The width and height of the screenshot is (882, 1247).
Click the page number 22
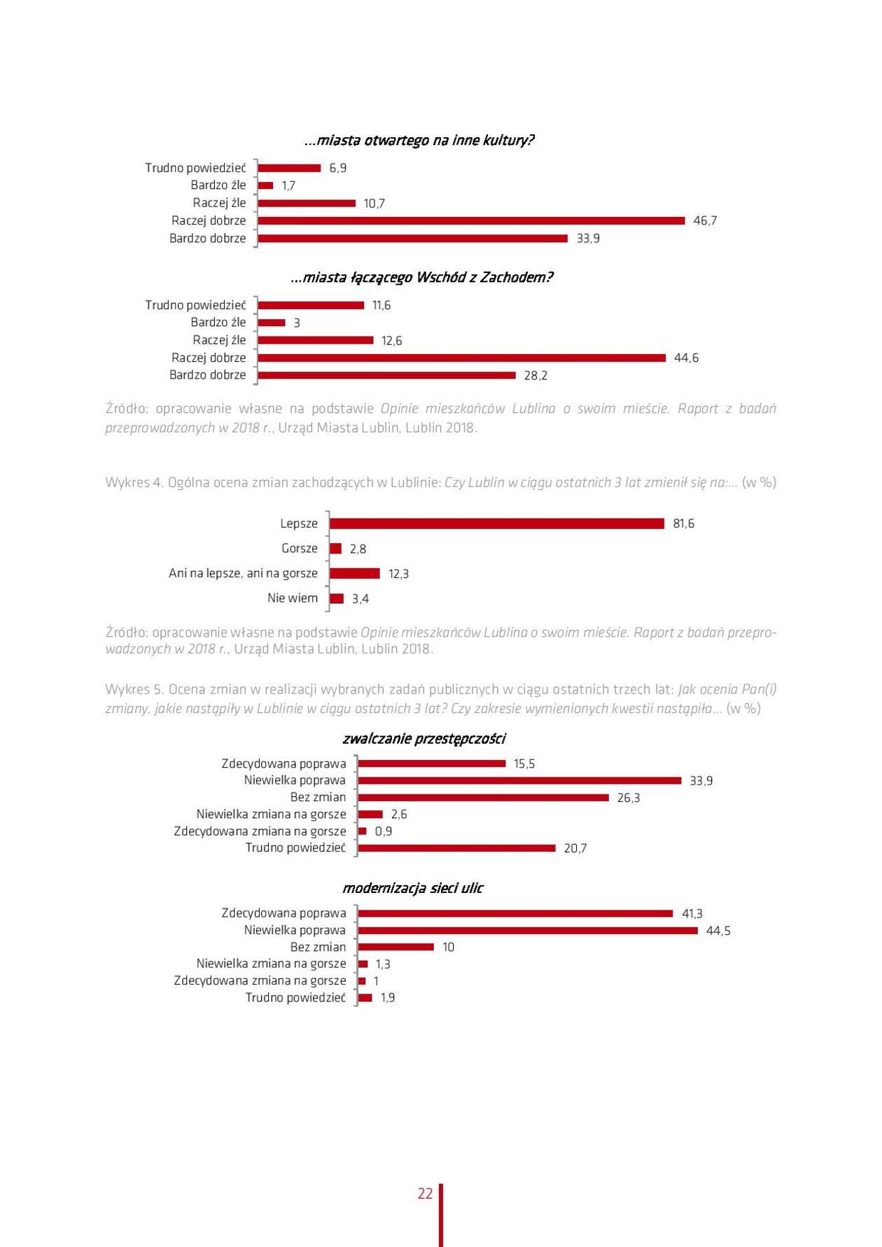point(425,1193)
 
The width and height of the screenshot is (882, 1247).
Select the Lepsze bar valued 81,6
point(496,523)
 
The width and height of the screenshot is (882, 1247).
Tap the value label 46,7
point(705,220)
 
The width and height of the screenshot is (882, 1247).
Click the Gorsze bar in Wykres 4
point(335,549)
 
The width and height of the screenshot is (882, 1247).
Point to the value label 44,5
point(718,931)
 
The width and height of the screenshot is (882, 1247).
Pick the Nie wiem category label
point(293,598)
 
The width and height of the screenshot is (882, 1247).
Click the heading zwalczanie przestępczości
point(423,738)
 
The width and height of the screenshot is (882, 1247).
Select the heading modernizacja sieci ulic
point(412,888)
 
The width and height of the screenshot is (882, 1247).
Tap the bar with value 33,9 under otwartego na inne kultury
point(412,239)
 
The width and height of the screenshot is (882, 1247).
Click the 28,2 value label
point(535,376)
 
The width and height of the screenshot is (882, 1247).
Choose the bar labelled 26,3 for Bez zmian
point(483,798)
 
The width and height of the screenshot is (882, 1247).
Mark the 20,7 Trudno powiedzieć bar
point(456,848)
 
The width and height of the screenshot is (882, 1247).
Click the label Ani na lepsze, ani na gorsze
point(243,573)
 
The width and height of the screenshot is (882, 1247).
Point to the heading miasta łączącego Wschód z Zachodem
point(421,277)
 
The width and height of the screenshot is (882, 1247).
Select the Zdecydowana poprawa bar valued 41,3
point(514,913)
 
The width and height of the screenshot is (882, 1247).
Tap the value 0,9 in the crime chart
point(384,831)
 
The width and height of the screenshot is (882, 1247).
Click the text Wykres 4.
point(134,482)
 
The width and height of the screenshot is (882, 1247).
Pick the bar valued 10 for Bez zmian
point(395,947)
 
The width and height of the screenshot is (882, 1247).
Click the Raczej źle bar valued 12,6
point(315,340)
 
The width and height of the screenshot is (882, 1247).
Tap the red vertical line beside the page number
point(441,1214)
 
